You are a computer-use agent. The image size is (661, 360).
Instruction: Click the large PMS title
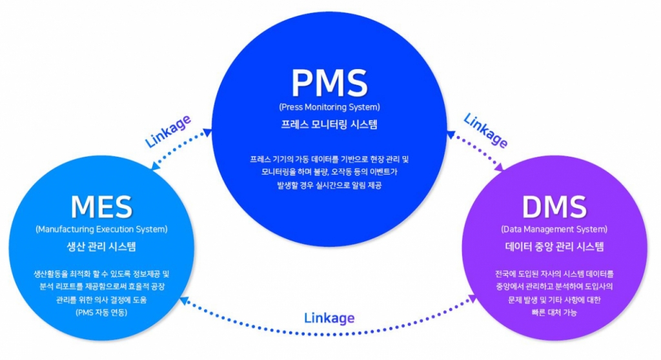(x=329, y=82)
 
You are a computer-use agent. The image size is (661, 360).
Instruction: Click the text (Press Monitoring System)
(x=329, y=106)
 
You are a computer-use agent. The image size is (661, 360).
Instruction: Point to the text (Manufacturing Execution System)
(x=101, y=229)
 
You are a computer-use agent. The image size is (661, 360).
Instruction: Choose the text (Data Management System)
(x=554, y=229)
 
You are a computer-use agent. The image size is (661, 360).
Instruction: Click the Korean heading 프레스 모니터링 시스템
(x=329, y=124)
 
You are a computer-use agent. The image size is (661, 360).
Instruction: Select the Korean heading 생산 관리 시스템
(x=101, y=246)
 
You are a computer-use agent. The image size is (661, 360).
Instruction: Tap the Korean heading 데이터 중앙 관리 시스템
(x=554, y=246)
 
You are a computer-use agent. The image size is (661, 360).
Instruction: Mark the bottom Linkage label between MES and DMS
(x=329, y=318)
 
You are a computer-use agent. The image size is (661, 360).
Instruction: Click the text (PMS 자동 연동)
(x=101, y=313)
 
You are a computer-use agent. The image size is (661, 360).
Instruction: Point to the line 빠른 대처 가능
(x=554, y=313)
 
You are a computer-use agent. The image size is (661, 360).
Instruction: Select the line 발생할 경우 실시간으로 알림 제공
(x=329, y=185)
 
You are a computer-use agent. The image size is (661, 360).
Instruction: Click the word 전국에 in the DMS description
(x=498, y=274)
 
